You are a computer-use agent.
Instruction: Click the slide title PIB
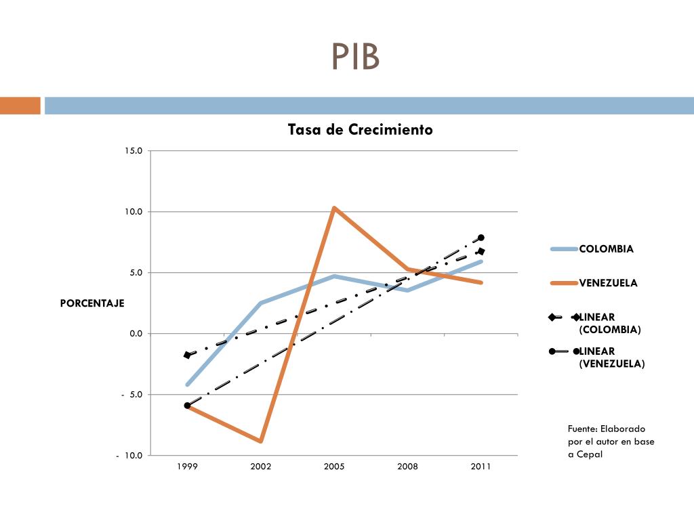(355, 58)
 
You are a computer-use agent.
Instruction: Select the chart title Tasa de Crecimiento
(360, 129)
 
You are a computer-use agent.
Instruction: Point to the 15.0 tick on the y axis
(134, 151)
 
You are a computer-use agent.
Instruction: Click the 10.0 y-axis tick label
(134, 212)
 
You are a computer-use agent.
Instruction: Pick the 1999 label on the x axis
(187, 467)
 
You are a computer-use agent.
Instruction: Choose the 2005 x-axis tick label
(334, 467)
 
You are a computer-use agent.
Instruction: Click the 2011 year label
(481, 467)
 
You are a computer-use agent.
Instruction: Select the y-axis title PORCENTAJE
(92, 303)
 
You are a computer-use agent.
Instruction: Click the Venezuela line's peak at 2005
(334, 208)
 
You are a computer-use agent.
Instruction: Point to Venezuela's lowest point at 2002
(260, 441)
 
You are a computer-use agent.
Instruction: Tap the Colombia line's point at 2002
(260, 303)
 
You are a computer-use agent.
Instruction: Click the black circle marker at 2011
(481, 238)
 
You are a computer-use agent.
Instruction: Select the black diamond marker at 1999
(187, 355)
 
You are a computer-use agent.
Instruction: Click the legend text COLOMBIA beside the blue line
(606, 249)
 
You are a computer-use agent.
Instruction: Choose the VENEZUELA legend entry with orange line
(608, 283)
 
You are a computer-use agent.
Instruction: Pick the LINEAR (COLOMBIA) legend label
(609, 324)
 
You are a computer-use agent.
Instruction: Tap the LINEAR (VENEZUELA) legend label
(611, 357)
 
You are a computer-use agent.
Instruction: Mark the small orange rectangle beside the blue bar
(20, 106)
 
